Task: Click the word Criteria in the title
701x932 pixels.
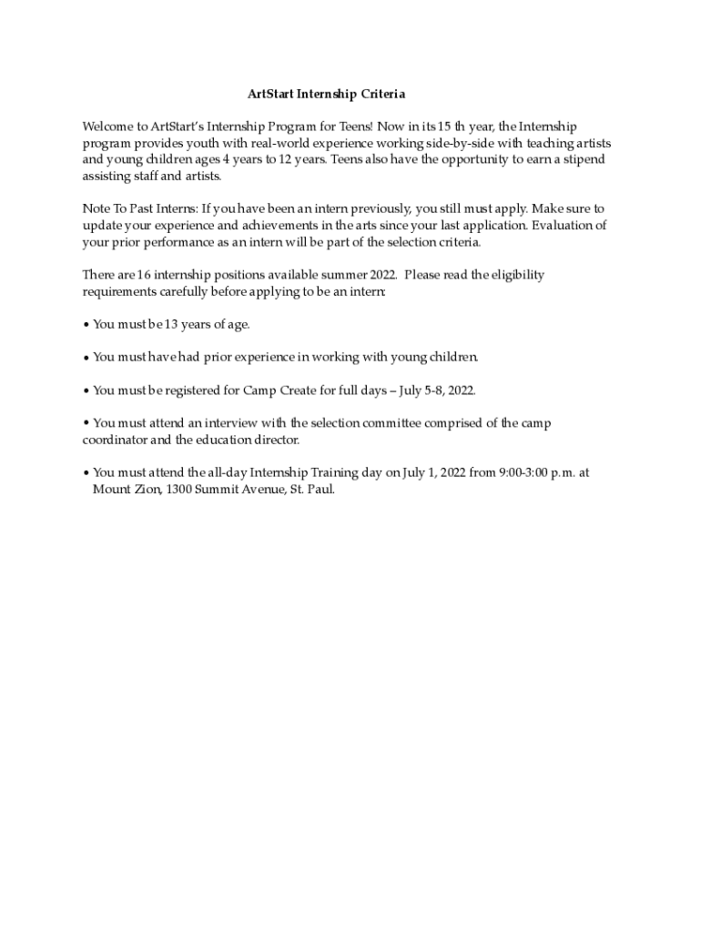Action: pos(381,94)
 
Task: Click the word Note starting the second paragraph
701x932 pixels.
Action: pos(97,208)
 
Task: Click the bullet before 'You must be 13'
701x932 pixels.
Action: pos(86,324)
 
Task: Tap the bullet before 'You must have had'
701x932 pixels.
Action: pos(86,357)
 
